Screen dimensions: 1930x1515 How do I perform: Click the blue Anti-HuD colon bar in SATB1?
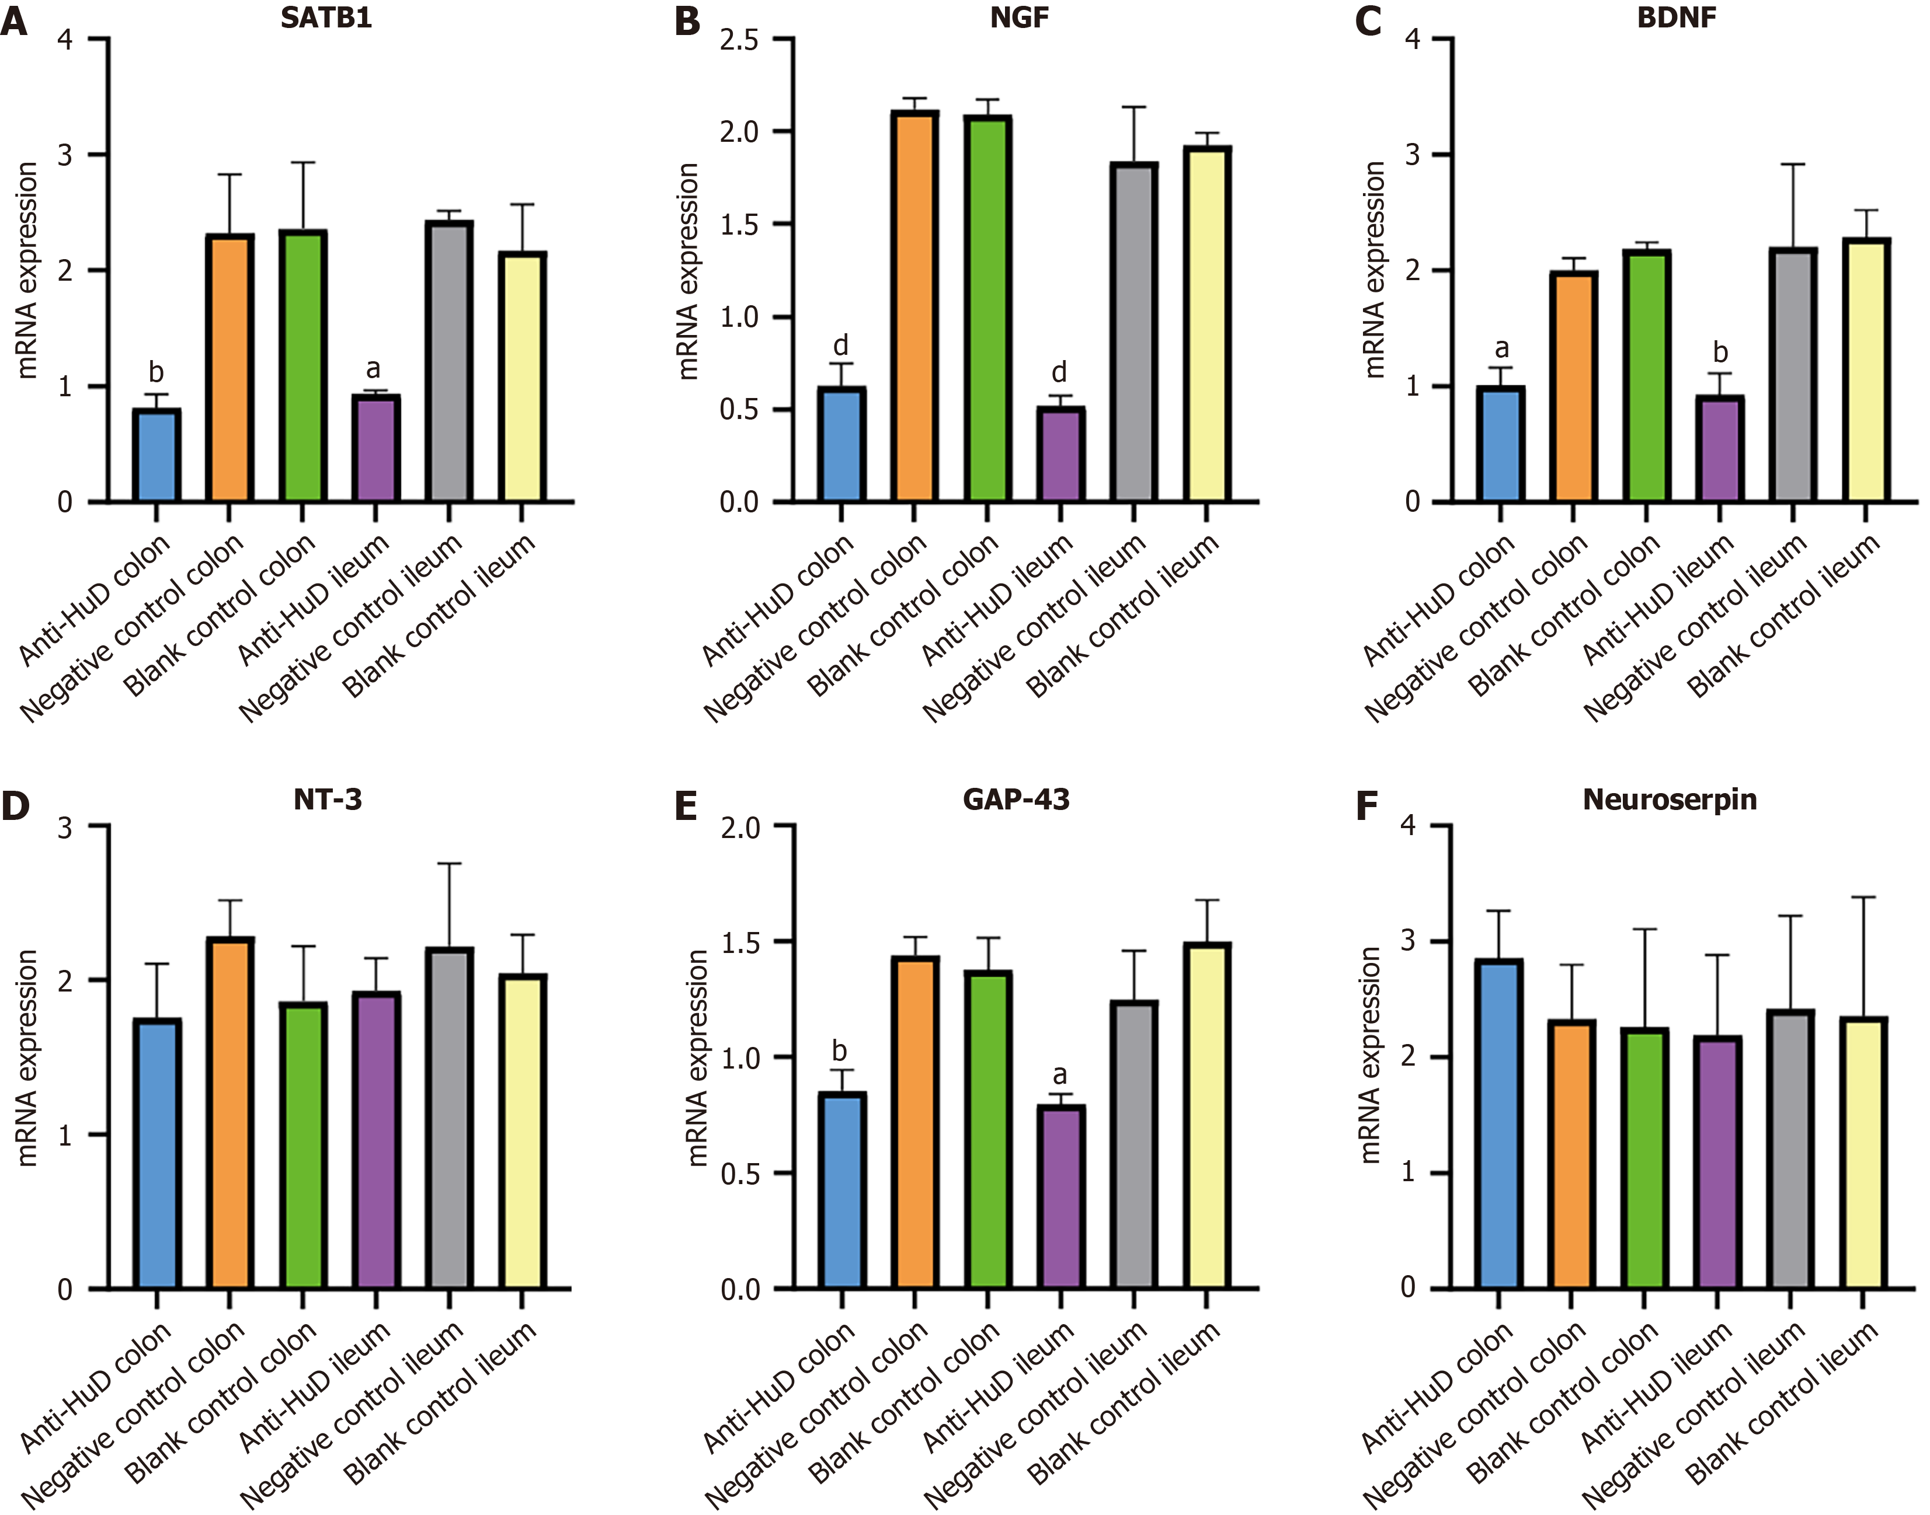156,455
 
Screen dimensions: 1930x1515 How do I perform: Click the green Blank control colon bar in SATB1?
302,366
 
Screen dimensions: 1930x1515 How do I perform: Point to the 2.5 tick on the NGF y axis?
740,40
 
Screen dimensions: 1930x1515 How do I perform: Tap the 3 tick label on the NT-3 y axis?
65,827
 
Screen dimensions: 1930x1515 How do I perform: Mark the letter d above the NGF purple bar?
1059,372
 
